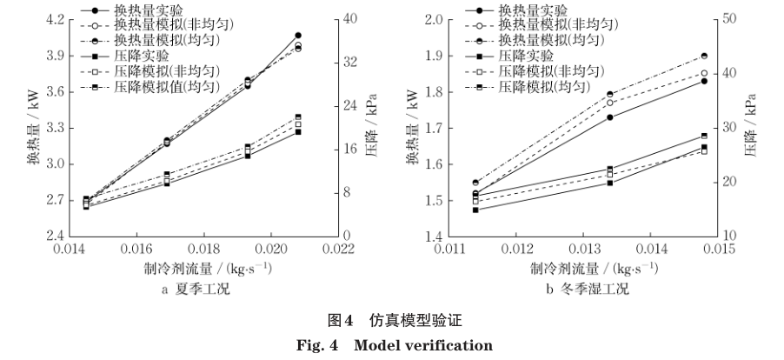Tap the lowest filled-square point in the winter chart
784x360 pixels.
(475, 210)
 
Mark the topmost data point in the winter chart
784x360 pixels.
(703, 56)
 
